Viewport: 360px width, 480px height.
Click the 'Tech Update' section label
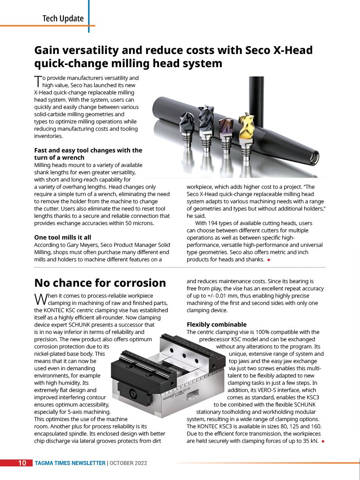click(x=63, y=19)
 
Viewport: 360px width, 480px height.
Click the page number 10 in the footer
click(x=22, y=463)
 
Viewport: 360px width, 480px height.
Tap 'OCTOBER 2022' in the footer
click(x=128, y=463)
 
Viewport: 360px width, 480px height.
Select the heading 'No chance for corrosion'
click(x=100, y=283)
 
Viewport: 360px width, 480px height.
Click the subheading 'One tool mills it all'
click(x=63, y=237)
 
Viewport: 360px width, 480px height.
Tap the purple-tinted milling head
click(x=225, y=130)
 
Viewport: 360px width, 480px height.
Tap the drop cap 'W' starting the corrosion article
click(x=40, y=298)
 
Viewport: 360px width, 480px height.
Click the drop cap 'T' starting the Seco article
click(x=38, y=81)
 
